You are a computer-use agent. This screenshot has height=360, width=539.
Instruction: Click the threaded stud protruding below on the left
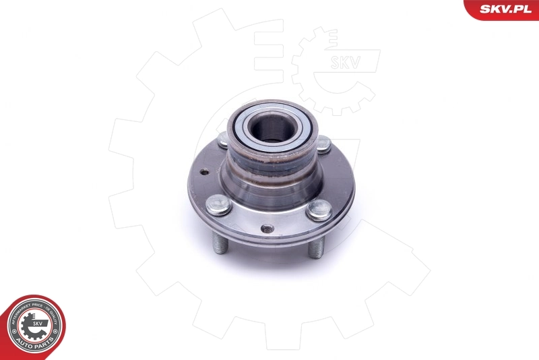(220, 243)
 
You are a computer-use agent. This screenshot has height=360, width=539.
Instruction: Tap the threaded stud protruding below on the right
(315, 248)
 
